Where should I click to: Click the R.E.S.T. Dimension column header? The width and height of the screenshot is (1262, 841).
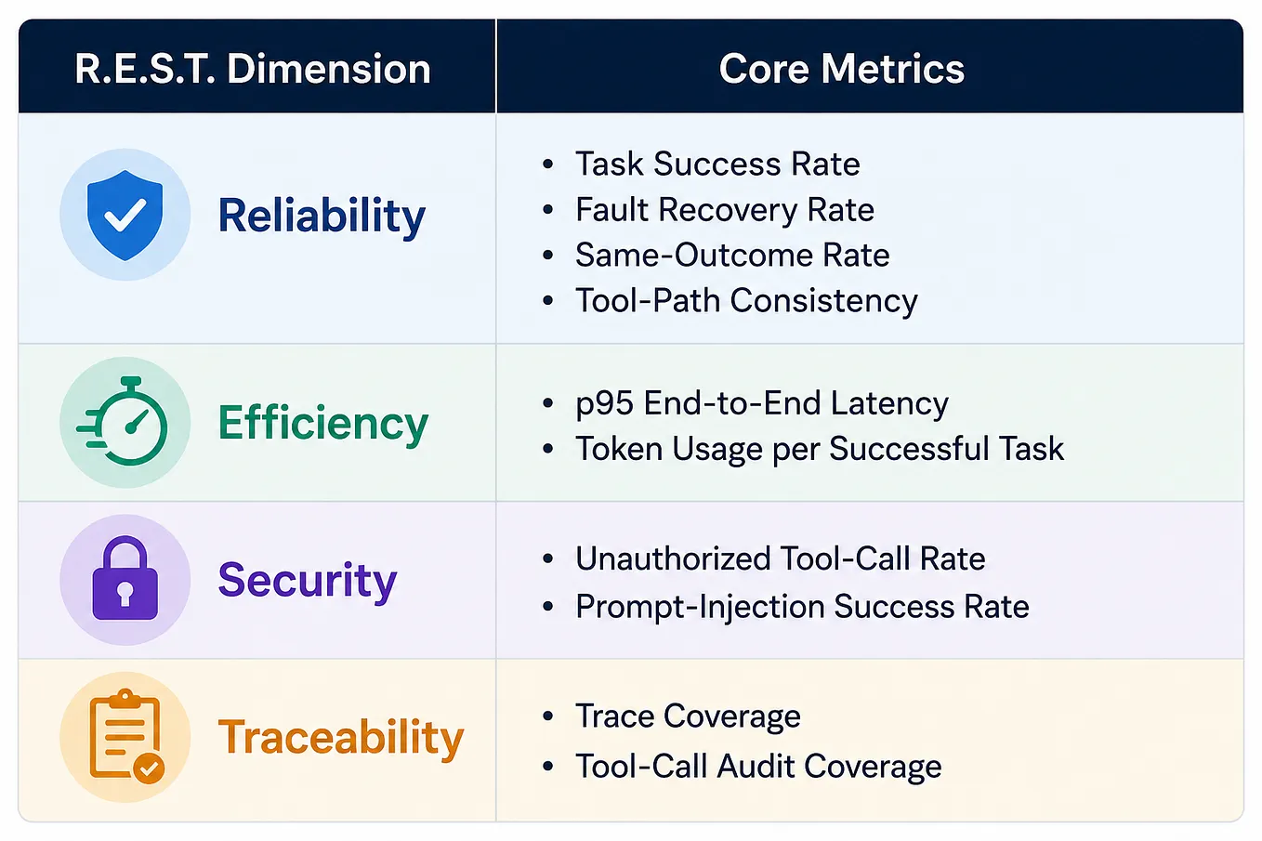pyautogui.click(x=253, y=69)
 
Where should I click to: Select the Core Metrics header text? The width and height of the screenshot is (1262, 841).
pyautogui.click(x=842, y=69)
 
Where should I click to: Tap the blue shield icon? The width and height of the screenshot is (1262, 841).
pyautogui.click(x=125, y=216)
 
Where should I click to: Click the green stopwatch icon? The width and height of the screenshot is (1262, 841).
pyautogui.click(x=123, y=421)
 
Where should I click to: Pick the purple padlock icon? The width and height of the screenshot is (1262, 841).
pyautogui.click(x=125, y=578)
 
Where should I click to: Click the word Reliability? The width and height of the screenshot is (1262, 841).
pyautogui.click(x=322, y=217)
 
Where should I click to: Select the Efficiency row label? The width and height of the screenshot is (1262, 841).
pyautogui.click(x=323, y=424)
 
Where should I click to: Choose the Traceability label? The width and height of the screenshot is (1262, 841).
pyautogui.click(x=341, y=737)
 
